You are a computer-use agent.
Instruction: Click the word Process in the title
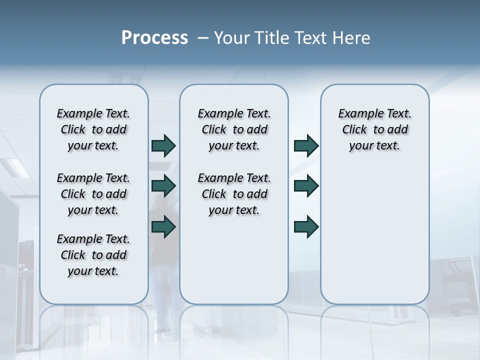(x=154, y=38)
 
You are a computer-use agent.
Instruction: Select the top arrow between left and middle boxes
(x=163, y=146)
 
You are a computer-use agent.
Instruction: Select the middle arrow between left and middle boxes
(x=163, y=186)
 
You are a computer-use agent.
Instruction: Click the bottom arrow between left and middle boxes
(x=163, y=227)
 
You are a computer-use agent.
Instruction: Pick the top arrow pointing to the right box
(x=306, y=146)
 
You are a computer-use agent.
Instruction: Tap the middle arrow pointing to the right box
(x=306, y=186)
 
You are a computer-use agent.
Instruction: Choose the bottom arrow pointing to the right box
(x=306, y=227)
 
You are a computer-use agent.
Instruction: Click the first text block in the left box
(x=93, y=129)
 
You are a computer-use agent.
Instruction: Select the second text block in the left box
(x=93, y=194)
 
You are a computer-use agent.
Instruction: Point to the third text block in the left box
(x=93, y=255)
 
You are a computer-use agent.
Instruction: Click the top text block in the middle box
(x=234, y=129)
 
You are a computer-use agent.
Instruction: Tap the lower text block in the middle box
(x=234, y=194)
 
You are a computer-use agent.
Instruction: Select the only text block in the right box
(x=374, y=129)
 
